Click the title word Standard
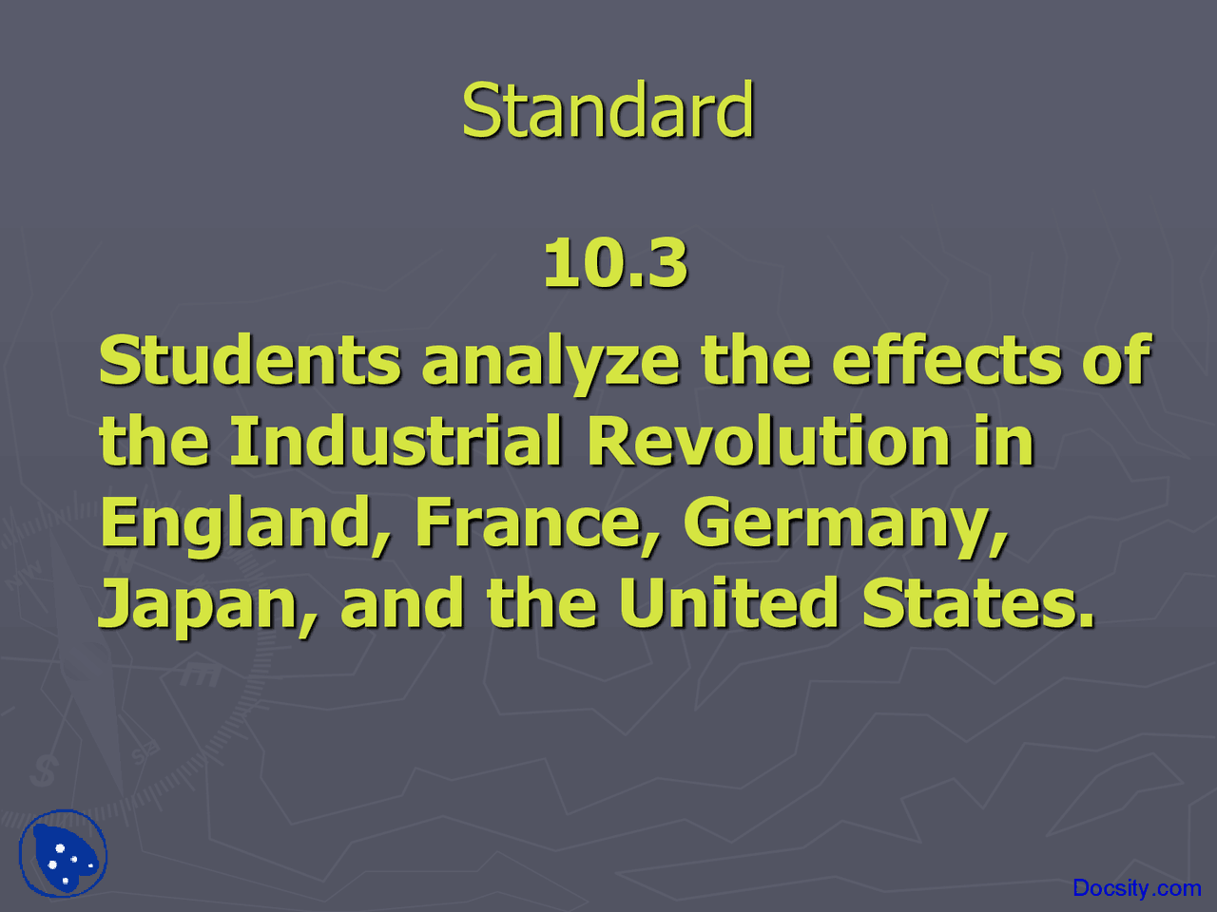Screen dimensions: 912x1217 (x=608, y=111)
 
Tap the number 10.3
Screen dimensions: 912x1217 (x=615, y=263)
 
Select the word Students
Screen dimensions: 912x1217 (x=250, y=361)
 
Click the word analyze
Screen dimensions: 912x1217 (x=551, y=363)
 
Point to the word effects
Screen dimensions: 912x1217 (x=946, y=361)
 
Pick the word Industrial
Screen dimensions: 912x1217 (x=396, y=442)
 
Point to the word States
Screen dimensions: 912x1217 (x=977, y=604)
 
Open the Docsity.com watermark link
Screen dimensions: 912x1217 (x=1136, y=888)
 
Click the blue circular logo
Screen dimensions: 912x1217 (x=64, y=854)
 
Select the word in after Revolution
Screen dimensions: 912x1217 (x=1004, y=442)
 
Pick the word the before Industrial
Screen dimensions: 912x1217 (x=154, y=442)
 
